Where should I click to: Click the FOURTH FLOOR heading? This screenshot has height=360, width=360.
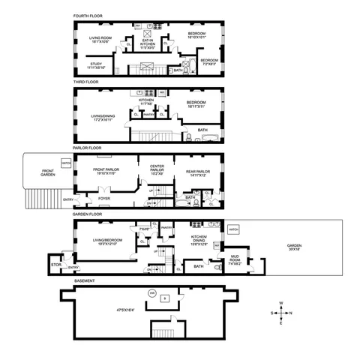click(x=97, y=16)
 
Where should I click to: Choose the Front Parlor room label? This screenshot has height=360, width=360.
click(x=109, y=171)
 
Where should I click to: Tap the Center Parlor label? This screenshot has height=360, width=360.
click(x=157, y=168)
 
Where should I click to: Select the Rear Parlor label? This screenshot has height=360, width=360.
click(x=193, y=171)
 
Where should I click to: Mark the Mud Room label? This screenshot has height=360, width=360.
click(x=235, y=262)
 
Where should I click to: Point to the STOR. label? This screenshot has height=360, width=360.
click(x=55, y=264)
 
